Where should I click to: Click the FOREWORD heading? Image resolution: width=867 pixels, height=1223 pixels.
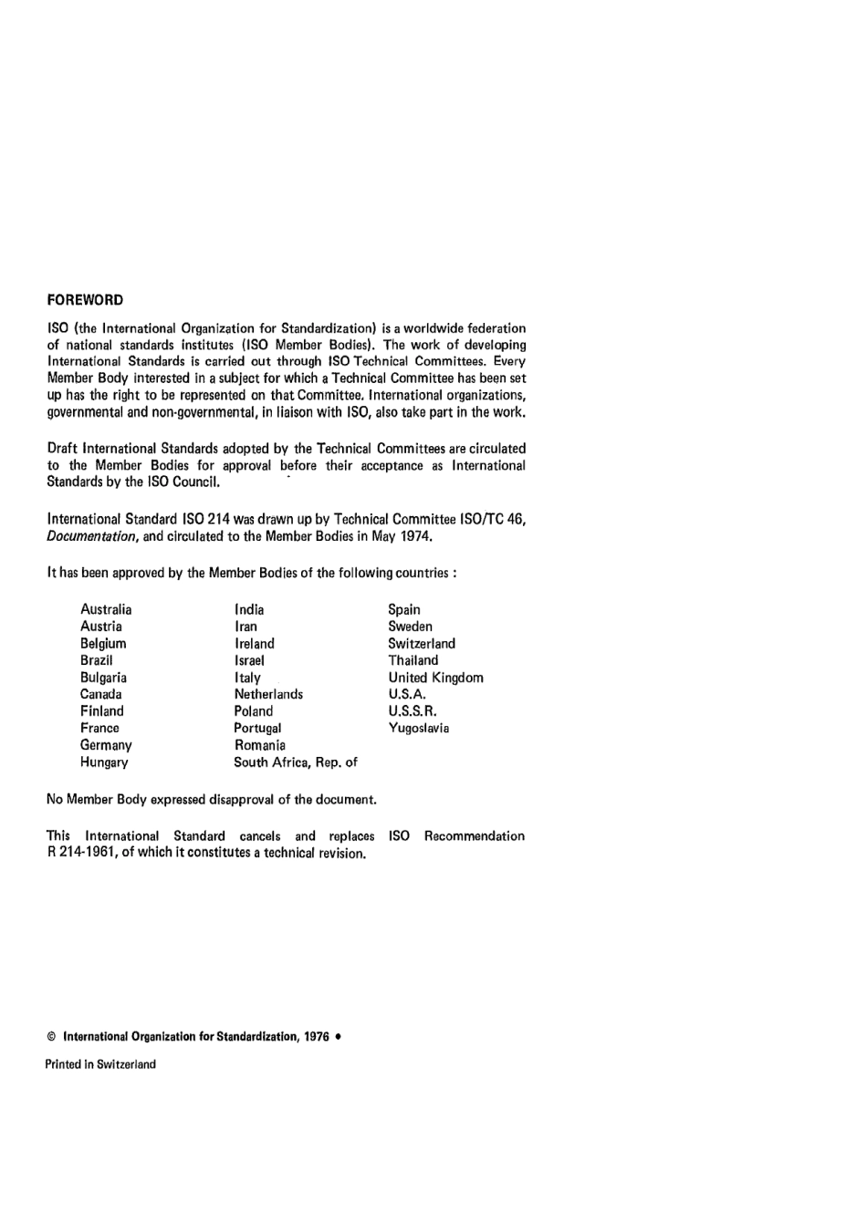point(85,300)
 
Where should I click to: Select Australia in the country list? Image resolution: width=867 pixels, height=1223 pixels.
point(106,609)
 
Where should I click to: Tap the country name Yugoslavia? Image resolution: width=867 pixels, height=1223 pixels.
point(419,728)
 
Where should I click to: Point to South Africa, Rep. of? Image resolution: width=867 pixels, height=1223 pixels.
point(296,762)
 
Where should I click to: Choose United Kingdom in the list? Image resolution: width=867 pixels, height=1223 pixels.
point(436,678)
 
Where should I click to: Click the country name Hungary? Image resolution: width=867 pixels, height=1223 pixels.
point(104,762)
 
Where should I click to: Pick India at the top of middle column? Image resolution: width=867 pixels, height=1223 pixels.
point(249,609)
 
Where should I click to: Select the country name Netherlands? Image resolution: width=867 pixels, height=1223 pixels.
point(268,694)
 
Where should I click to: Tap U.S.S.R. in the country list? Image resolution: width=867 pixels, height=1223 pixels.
point(413,711)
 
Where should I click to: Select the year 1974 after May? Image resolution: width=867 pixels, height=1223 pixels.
point(416,536)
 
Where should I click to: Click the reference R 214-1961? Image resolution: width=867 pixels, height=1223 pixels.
point(81,854)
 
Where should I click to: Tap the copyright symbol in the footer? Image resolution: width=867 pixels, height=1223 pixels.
point(51,1037)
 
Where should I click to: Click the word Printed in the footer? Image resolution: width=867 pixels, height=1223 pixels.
point(63,1064)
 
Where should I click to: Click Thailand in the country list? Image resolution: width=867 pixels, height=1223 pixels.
point(413,660)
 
